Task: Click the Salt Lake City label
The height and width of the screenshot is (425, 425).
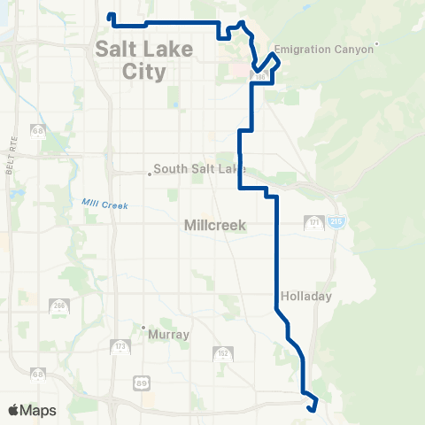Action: [130, 60]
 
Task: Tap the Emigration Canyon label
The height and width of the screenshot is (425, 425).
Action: [326, 49]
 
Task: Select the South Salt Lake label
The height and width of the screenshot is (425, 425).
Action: [198, 169]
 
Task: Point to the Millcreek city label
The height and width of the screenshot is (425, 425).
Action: [213, 226]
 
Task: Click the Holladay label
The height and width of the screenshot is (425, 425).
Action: [305, 297]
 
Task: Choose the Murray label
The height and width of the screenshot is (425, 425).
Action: [169, 336]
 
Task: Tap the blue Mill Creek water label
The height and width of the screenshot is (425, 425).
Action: [105, 205]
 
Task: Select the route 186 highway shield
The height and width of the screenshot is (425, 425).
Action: [259, 79]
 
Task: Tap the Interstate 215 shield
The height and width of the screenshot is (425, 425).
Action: [337, 223]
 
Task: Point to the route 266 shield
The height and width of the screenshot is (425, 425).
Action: [59, 307]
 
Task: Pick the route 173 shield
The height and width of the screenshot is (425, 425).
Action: [120, 346]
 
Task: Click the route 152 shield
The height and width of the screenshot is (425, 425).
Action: [222, 354]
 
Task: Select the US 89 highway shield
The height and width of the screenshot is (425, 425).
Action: [143, 382]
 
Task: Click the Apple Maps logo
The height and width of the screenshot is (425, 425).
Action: [32, 410]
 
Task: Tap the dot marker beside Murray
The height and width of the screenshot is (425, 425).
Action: [143, 328]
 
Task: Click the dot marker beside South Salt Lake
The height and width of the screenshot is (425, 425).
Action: [150, 174]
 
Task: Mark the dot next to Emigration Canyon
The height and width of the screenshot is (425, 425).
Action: [377, 44]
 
